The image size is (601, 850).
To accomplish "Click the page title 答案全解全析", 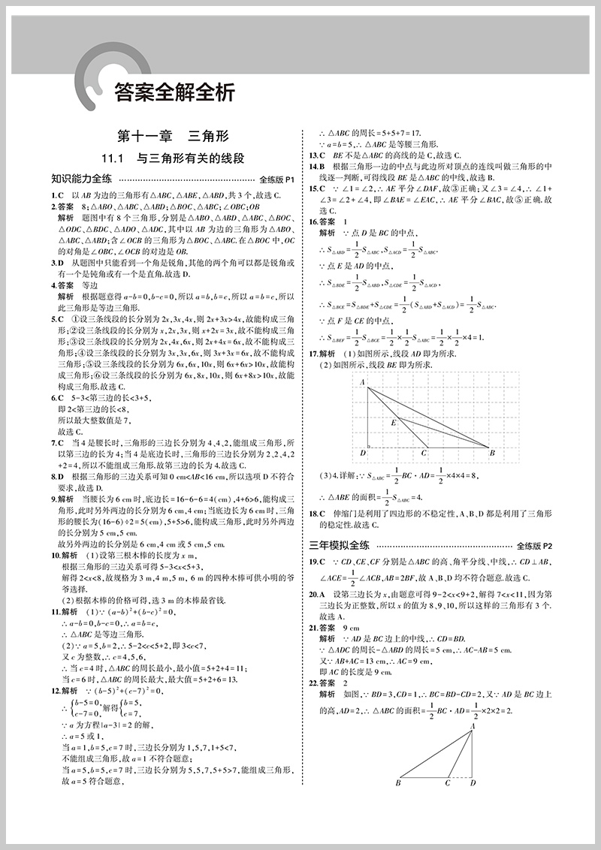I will point(174,92).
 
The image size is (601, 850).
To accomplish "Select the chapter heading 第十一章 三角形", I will point(174,137).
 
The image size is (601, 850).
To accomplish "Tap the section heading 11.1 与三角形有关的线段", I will point(174,158).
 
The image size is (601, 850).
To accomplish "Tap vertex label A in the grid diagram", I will point(362,383).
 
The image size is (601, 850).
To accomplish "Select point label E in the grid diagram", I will point(393,423).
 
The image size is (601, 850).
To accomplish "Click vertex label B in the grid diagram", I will point(492,454).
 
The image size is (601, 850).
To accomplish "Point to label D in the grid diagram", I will point(363,454).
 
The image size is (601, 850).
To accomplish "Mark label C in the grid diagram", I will point(424,454).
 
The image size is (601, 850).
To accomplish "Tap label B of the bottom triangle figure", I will point(397,784).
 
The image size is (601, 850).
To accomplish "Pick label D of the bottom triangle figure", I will point(473,784).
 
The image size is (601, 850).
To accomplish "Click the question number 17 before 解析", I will point(314,353).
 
